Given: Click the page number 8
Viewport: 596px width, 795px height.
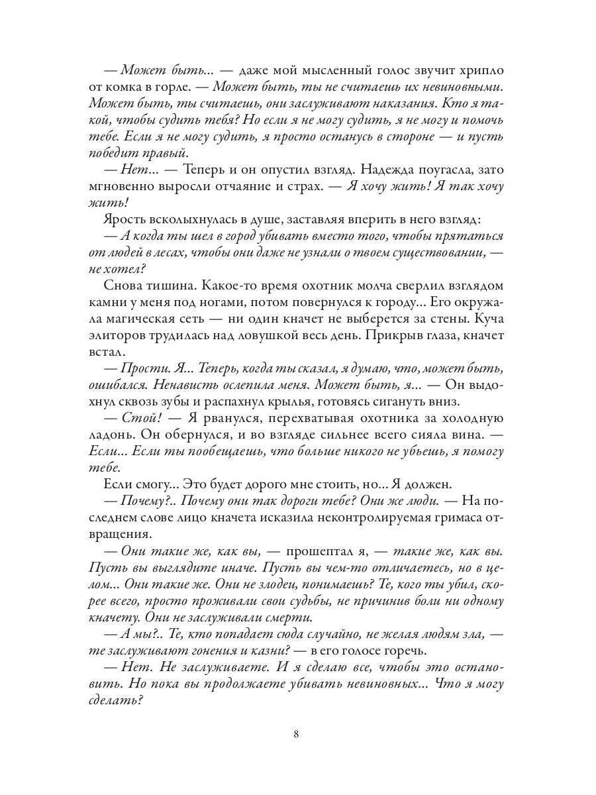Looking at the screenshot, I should pos(297,734).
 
